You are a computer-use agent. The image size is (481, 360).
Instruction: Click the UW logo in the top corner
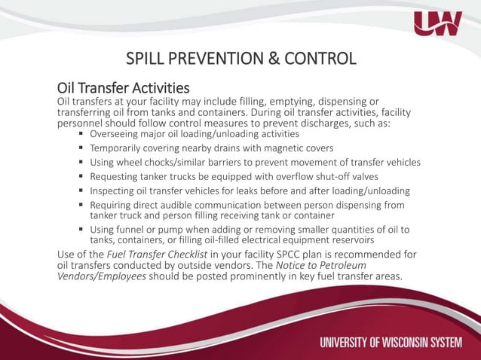[x=437, y=25]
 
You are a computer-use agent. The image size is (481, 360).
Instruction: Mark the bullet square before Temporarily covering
[x=81, y=148]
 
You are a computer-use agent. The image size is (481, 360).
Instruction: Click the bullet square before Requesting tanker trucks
[x=81, y=176]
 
